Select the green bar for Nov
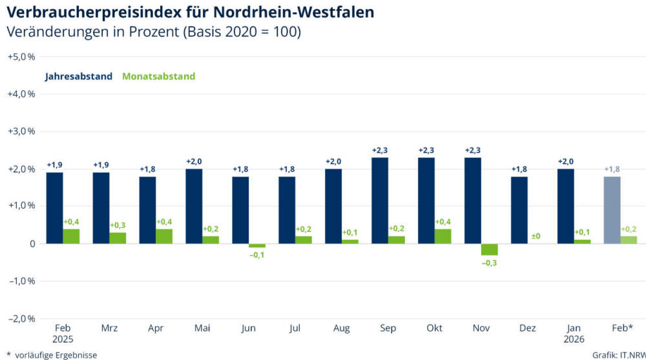490,249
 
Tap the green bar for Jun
257,246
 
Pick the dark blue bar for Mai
194,206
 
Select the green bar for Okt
443,237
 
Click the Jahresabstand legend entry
79,76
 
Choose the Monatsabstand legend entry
158,76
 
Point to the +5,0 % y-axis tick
21,56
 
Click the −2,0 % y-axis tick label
21,319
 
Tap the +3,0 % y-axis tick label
21,131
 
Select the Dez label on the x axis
528,328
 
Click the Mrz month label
109,328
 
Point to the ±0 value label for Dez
536,237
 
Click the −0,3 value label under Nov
490,264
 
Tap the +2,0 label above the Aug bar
333,162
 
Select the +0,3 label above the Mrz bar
118,225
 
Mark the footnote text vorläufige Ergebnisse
56,354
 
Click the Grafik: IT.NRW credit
616,354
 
